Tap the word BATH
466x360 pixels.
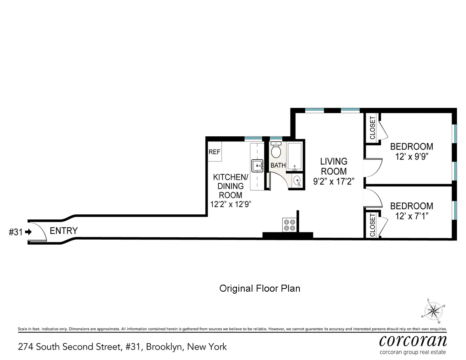[x=278, y=165]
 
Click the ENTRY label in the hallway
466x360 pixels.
[x=64, y=231]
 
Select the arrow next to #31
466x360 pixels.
[x=28, y=232]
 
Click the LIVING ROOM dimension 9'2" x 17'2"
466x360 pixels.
[x=333, y=181]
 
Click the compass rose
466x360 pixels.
[x=434, y=311]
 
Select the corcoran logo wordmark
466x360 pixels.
[x=413, y=341]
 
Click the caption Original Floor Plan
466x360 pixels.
[x=260, y=289]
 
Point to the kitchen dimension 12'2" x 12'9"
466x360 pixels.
[x=231, y=205]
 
